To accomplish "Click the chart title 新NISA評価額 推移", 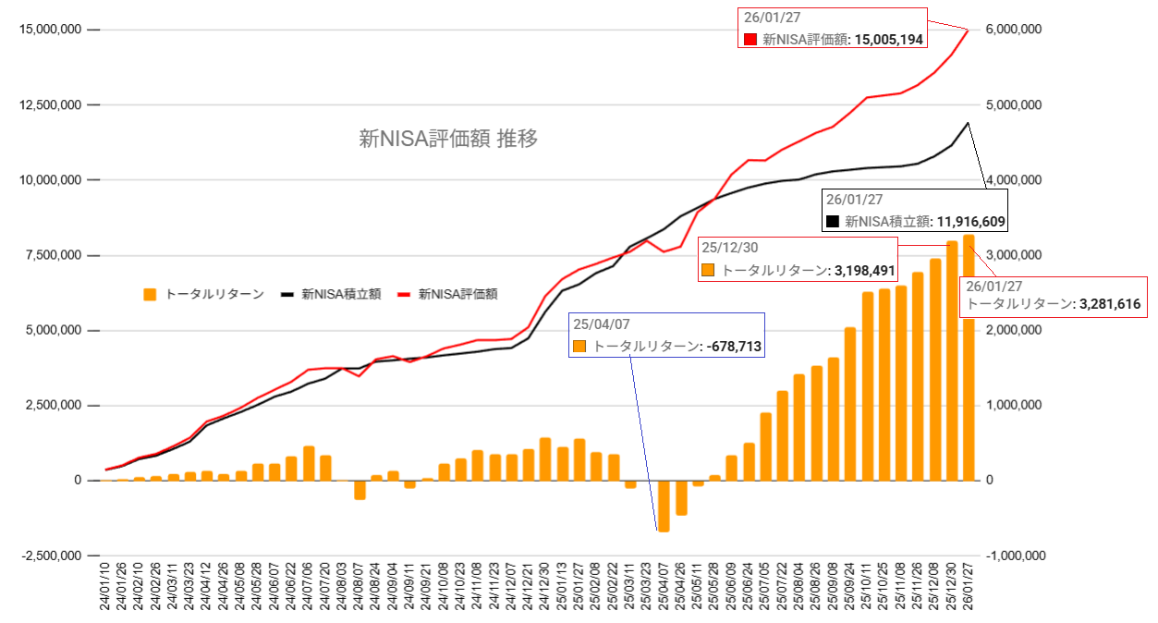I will pyautogui.click(x=448, y=140).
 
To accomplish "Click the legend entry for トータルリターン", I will pyautogui.click(x=204, y=295).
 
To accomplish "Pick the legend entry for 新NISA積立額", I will pyautogui.click(x=331, y=295).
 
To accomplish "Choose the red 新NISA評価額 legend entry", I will pyautogui.click(x=448, y=295).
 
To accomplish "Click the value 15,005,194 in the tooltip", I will pyautogui.click(x=884, y=40).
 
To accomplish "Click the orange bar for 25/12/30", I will pyautogui.click(x=952, y=361).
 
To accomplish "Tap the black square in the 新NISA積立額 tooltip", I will pyautogui.click(x=833, y=222).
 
